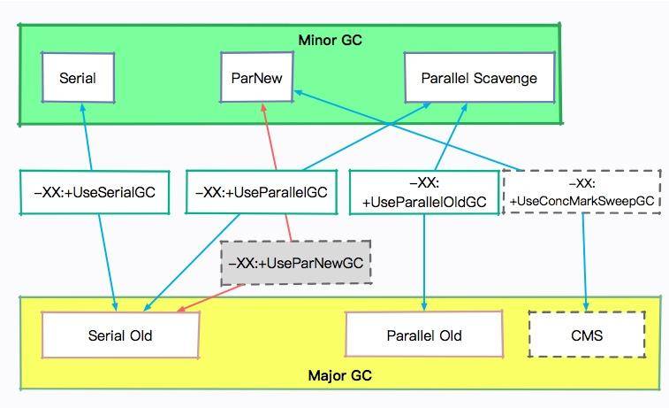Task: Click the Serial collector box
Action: pyautogui.click(x=78, y=77)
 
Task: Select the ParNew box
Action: pyautogui.click(x=256, y=77)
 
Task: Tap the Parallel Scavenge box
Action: pyautogui.click(x=479, y=77)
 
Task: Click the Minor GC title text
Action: pyautogui.click(x=330, y=40)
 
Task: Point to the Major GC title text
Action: pyautogui.click(x=340, y=376)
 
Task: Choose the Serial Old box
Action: pyautogui.click(x=120, y=335)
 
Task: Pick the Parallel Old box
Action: pyautogui.click(x=424, y=335)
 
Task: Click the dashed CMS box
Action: pyautogui.click(x=587, y=335)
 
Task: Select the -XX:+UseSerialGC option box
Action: pyautogui.click(x=95, y=192)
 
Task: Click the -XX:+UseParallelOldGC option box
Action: pyautogui.click(x=423, y=192)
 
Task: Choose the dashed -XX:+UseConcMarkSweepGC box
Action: pyautogui.click(x=582, y=192)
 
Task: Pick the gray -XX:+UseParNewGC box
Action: pyautogui.click(x=295, y=263)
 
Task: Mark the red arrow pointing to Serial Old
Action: pyautogui.click(x=203, y=301)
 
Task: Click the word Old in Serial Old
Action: pyautogui.click(x=140, y=335)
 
